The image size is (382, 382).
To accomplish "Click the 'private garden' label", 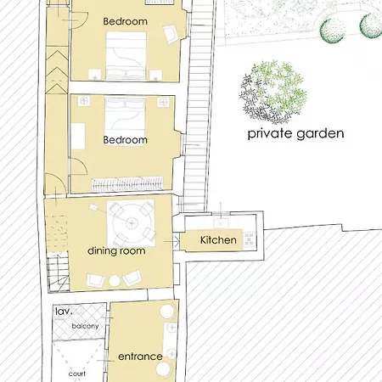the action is [295, 133].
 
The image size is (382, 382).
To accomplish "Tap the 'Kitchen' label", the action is [218, 240].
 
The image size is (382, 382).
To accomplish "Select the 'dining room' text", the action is [116, 250].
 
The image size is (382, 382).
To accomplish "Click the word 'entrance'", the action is [140, 357].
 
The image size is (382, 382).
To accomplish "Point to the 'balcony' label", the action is [85, 326].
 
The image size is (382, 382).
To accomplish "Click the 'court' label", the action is [77, 374].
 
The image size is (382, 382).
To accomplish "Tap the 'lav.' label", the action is [64, 312].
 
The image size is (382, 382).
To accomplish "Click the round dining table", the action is [131, 223].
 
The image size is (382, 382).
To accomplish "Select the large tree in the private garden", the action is [273, 92].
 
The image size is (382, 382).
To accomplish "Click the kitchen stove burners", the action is [250, 239].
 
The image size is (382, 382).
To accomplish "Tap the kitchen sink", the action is [221, 223].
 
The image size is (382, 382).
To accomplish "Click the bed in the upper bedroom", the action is [126, 56].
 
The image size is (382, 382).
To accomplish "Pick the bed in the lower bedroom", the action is [125, 118].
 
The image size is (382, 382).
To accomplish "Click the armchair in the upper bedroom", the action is [171, 34].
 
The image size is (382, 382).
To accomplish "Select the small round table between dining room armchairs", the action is [115, 281].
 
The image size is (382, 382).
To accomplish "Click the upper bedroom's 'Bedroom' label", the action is [125, 21].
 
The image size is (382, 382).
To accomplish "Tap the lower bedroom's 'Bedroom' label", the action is [125, 140].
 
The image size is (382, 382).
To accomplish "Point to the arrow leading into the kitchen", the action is [171, 242].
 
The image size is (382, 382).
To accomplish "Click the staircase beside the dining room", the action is [58, 272].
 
